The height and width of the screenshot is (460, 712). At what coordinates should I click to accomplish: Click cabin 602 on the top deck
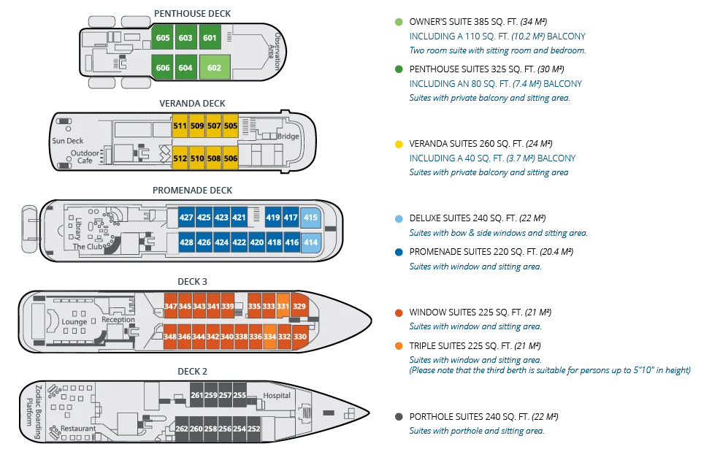(x=214, y=67)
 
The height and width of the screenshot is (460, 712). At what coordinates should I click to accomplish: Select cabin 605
(x=163, y=38)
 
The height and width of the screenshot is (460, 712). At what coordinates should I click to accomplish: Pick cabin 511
(x=180, y=126)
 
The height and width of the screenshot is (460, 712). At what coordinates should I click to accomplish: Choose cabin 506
(x=231, y=158)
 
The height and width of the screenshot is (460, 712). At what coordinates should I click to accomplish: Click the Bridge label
(x=288, y=137)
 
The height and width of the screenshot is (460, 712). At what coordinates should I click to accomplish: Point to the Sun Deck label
(x=68, y=140)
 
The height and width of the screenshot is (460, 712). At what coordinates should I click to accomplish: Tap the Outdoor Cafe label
(x=85, y=156)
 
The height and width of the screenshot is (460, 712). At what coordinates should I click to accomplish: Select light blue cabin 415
(x=310, y=218)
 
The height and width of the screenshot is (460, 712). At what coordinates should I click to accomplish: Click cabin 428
(x=186, y=242)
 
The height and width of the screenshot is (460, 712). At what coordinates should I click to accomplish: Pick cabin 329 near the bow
(x=299, y=306)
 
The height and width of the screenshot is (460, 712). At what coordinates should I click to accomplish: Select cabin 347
(x=171, y=306)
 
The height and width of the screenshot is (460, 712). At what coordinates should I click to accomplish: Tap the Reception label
(x=118, y=320)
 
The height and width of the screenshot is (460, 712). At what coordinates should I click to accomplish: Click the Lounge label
(x=74, y=322)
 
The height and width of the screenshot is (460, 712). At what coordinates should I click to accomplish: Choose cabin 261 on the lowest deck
(x=197, y=396)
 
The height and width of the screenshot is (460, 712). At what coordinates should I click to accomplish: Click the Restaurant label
(x=78, y=428)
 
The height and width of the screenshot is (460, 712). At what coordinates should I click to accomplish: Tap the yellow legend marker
(x=398, y=145)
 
